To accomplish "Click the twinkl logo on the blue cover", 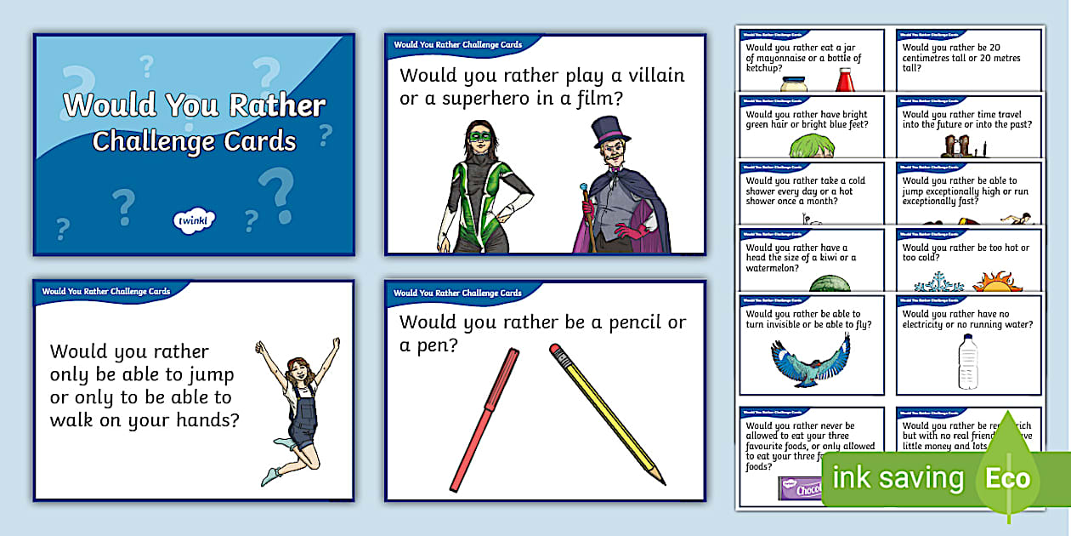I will (194, 220).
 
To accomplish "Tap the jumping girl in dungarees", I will (298, 408).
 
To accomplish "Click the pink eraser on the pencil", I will (556, 349).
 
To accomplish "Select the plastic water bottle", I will (967, 361).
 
